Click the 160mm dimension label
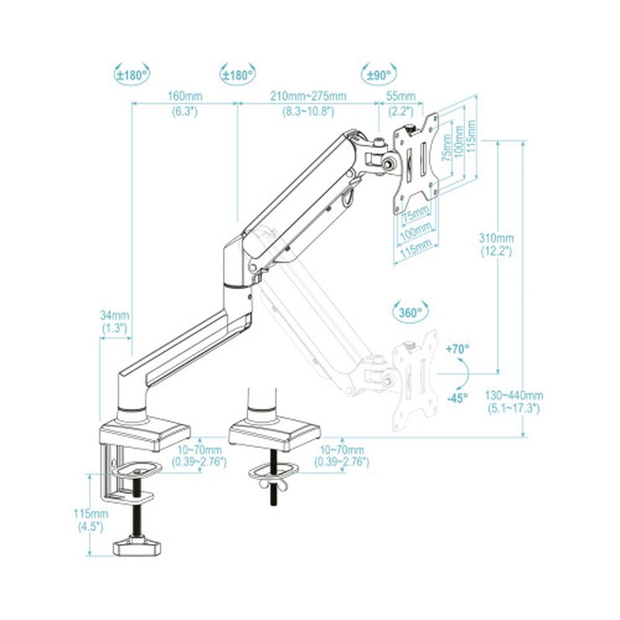coord(185,96)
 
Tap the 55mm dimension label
coord(401,96)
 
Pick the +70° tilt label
coord(459,350)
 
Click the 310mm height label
coord(496,238)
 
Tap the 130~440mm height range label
coord(515,395)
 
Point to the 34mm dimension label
coord(115,316)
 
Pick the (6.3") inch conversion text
coord(185,112)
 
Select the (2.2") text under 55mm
coord(401,112)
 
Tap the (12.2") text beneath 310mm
coord(496,253)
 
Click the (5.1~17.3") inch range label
coord(515,408)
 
